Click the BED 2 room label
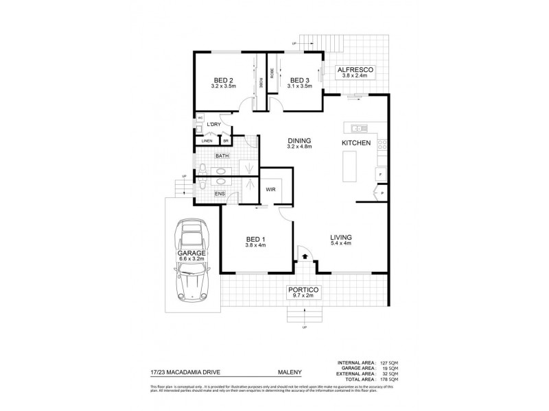(x=224, y=79)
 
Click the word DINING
(x=299, y=140)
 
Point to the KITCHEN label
(x=356, y=142)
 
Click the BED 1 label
(x=255, y=239)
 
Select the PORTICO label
(x=303, y=290)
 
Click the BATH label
(x=222, y=156)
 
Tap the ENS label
(x=220, y=194)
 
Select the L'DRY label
(x=214, y=124)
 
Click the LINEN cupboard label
(x=207, y=141)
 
